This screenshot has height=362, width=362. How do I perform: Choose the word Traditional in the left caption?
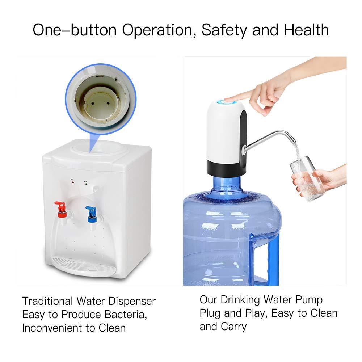click(x=47, y=301)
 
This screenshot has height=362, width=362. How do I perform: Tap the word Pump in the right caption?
click(x=306, y=299)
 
